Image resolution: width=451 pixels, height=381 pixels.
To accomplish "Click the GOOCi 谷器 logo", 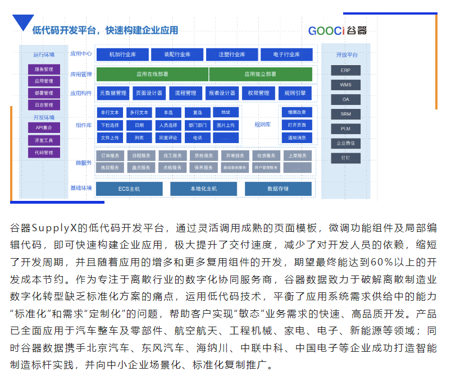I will [x=337, y=30].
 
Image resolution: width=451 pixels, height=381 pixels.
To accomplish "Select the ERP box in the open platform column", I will [x=346, y=71].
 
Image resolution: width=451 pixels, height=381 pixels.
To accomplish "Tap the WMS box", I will [x=346, y=85].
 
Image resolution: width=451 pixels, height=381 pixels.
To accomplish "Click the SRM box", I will [x=346, y=114].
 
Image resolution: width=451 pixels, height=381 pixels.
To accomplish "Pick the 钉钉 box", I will [x=346, y=158].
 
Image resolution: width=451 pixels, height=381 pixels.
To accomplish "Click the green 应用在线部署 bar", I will [x=152, y=74].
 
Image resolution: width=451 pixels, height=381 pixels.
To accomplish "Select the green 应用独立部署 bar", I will [x=260, y=74].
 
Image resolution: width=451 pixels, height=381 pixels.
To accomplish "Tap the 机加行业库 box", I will [x=122, y=54].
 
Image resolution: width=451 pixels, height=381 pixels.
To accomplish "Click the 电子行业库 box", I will [x=286, y=54].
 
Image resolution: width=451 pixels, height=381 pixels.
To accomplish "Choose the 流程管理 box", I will [x=186, y=93].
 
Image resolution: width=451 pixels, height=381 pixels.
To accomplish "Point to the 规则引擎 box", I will [x=295, y=93].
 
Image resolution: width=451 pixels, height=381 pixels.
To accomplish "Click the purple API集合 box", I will [x=44, y=127].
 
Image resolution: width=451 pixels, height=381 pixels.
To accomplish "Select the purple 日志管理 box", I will [x=44, y=105].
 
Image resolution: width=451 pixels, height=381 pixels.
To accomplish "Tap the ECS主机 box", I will [x=129, y=189].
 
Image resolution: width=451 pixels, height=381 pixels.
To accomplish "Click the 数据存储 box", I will [x=278, y=189].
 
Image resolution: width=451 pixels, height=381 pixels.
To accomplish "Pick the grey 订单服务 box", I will [x=110, y=155].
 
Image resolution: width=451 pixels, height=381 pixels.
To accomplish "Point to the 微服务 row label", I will [x=83, y=163].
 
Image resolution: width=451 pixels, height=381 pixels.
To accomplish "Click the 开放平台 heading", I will [x=346, y=54].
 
